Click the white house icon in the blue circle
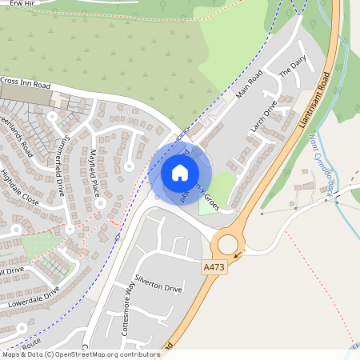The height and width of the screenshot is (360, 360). point(180,173)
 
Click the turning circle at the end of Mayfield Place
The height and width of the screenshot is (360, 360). point(101,203)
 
